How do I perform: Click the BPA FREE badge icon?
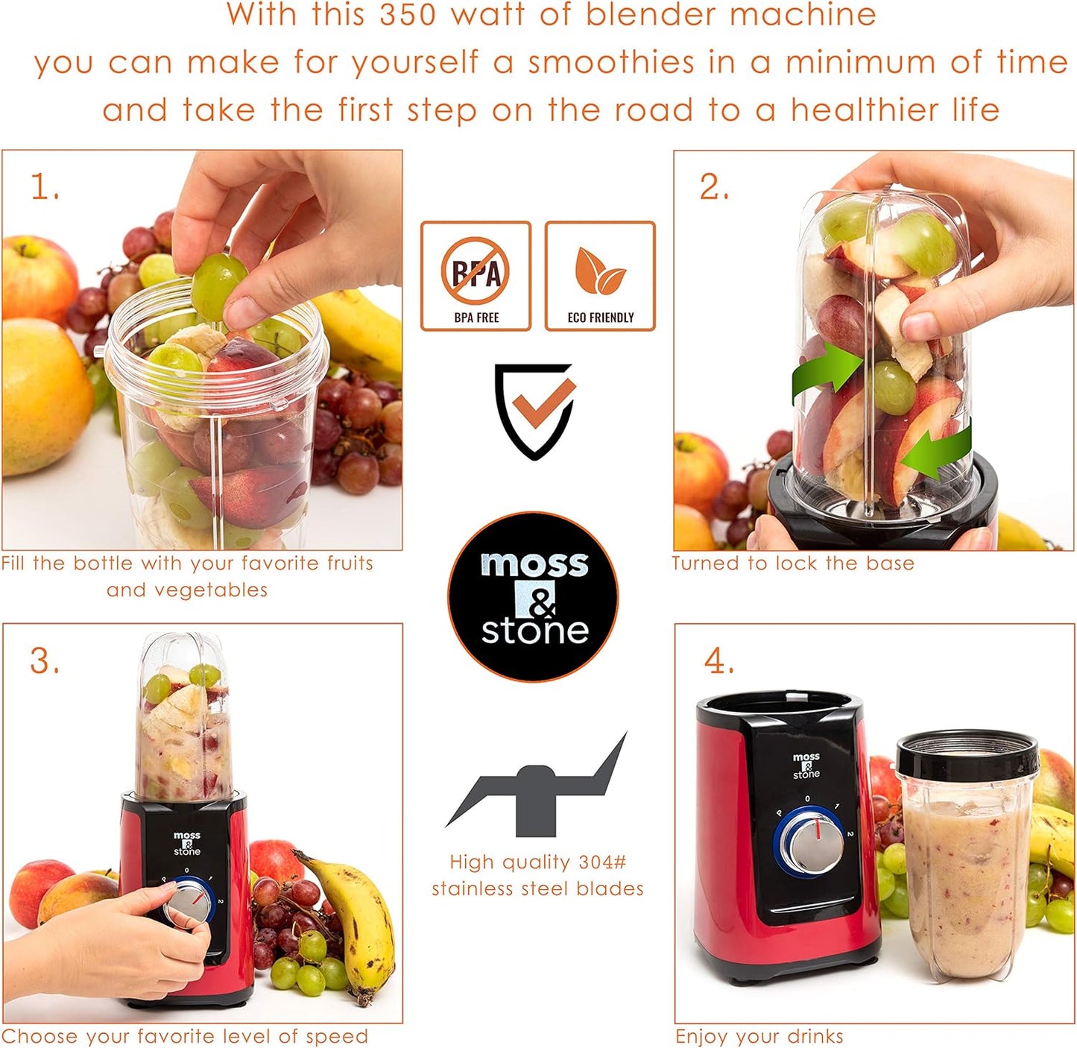click(x=476, y=276)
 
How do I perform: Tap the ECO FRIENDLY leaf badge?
click(x=600, y=276)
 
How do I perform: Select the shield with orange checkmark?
click(x=535, y=410)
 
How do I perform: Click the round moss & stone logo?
click(x=534, y=596)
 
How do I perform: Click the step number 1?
click(x=45, y=187)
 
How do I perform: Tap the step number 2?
click(x=713, y=187)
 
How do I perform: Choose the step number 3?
click(x=45, y=661)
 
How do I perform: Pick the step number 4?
click(x=718, y=661)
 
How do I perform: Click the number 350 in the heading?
click(x=408, y=15)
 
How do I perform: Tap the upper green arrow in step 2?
click(x=826, y=370)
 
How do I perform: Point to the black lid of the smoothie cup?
click(x=967, y=753)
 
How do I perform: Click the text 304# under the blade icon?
click(x=602, y=862)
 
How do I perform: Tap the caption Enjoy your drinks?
click(x=759, y=1036)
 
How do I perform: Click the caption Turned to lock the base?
click(x=792, y=564)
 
